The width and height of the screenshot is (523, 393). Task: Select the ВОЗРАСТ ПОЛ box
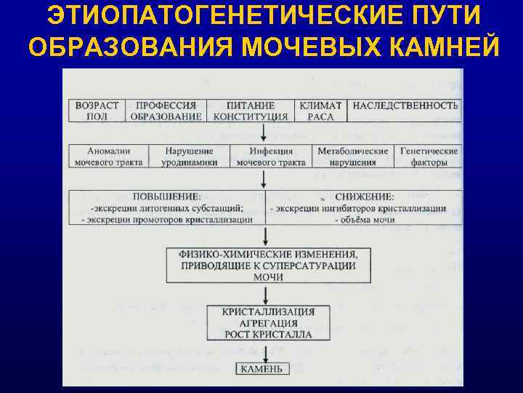tap(97, 111)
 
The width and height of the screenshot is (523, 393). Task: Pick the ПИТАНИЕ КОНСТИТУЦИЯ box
tap(251, 111)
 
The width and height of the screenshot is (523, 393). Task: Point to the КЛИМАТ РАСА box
tap(320, 111)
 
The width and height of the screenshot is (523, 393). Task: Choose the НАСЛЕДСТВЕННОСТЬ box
tap(405, 106)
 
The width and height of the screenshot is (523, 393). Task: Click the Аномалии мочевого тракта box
tap(108, 156)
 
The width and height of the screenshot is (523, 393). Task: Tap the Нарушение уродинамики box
tap(188, 156)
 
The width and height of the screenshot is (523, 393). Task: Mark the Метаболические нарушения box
tap(353, 156)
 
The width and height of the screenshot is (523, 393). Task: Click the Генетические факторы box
tap(429, 156)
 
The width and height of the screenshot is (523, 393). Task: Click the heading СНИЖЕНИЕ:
tap(365, 197)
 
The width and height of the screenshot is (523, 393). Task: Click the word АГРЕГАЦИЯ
tap(268, 323)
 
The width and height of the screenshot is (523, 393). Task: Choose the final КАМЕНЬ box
tap(263, 369)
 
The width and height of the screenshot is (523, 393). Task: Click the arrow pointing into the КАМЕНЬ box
tap(267, 353)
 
